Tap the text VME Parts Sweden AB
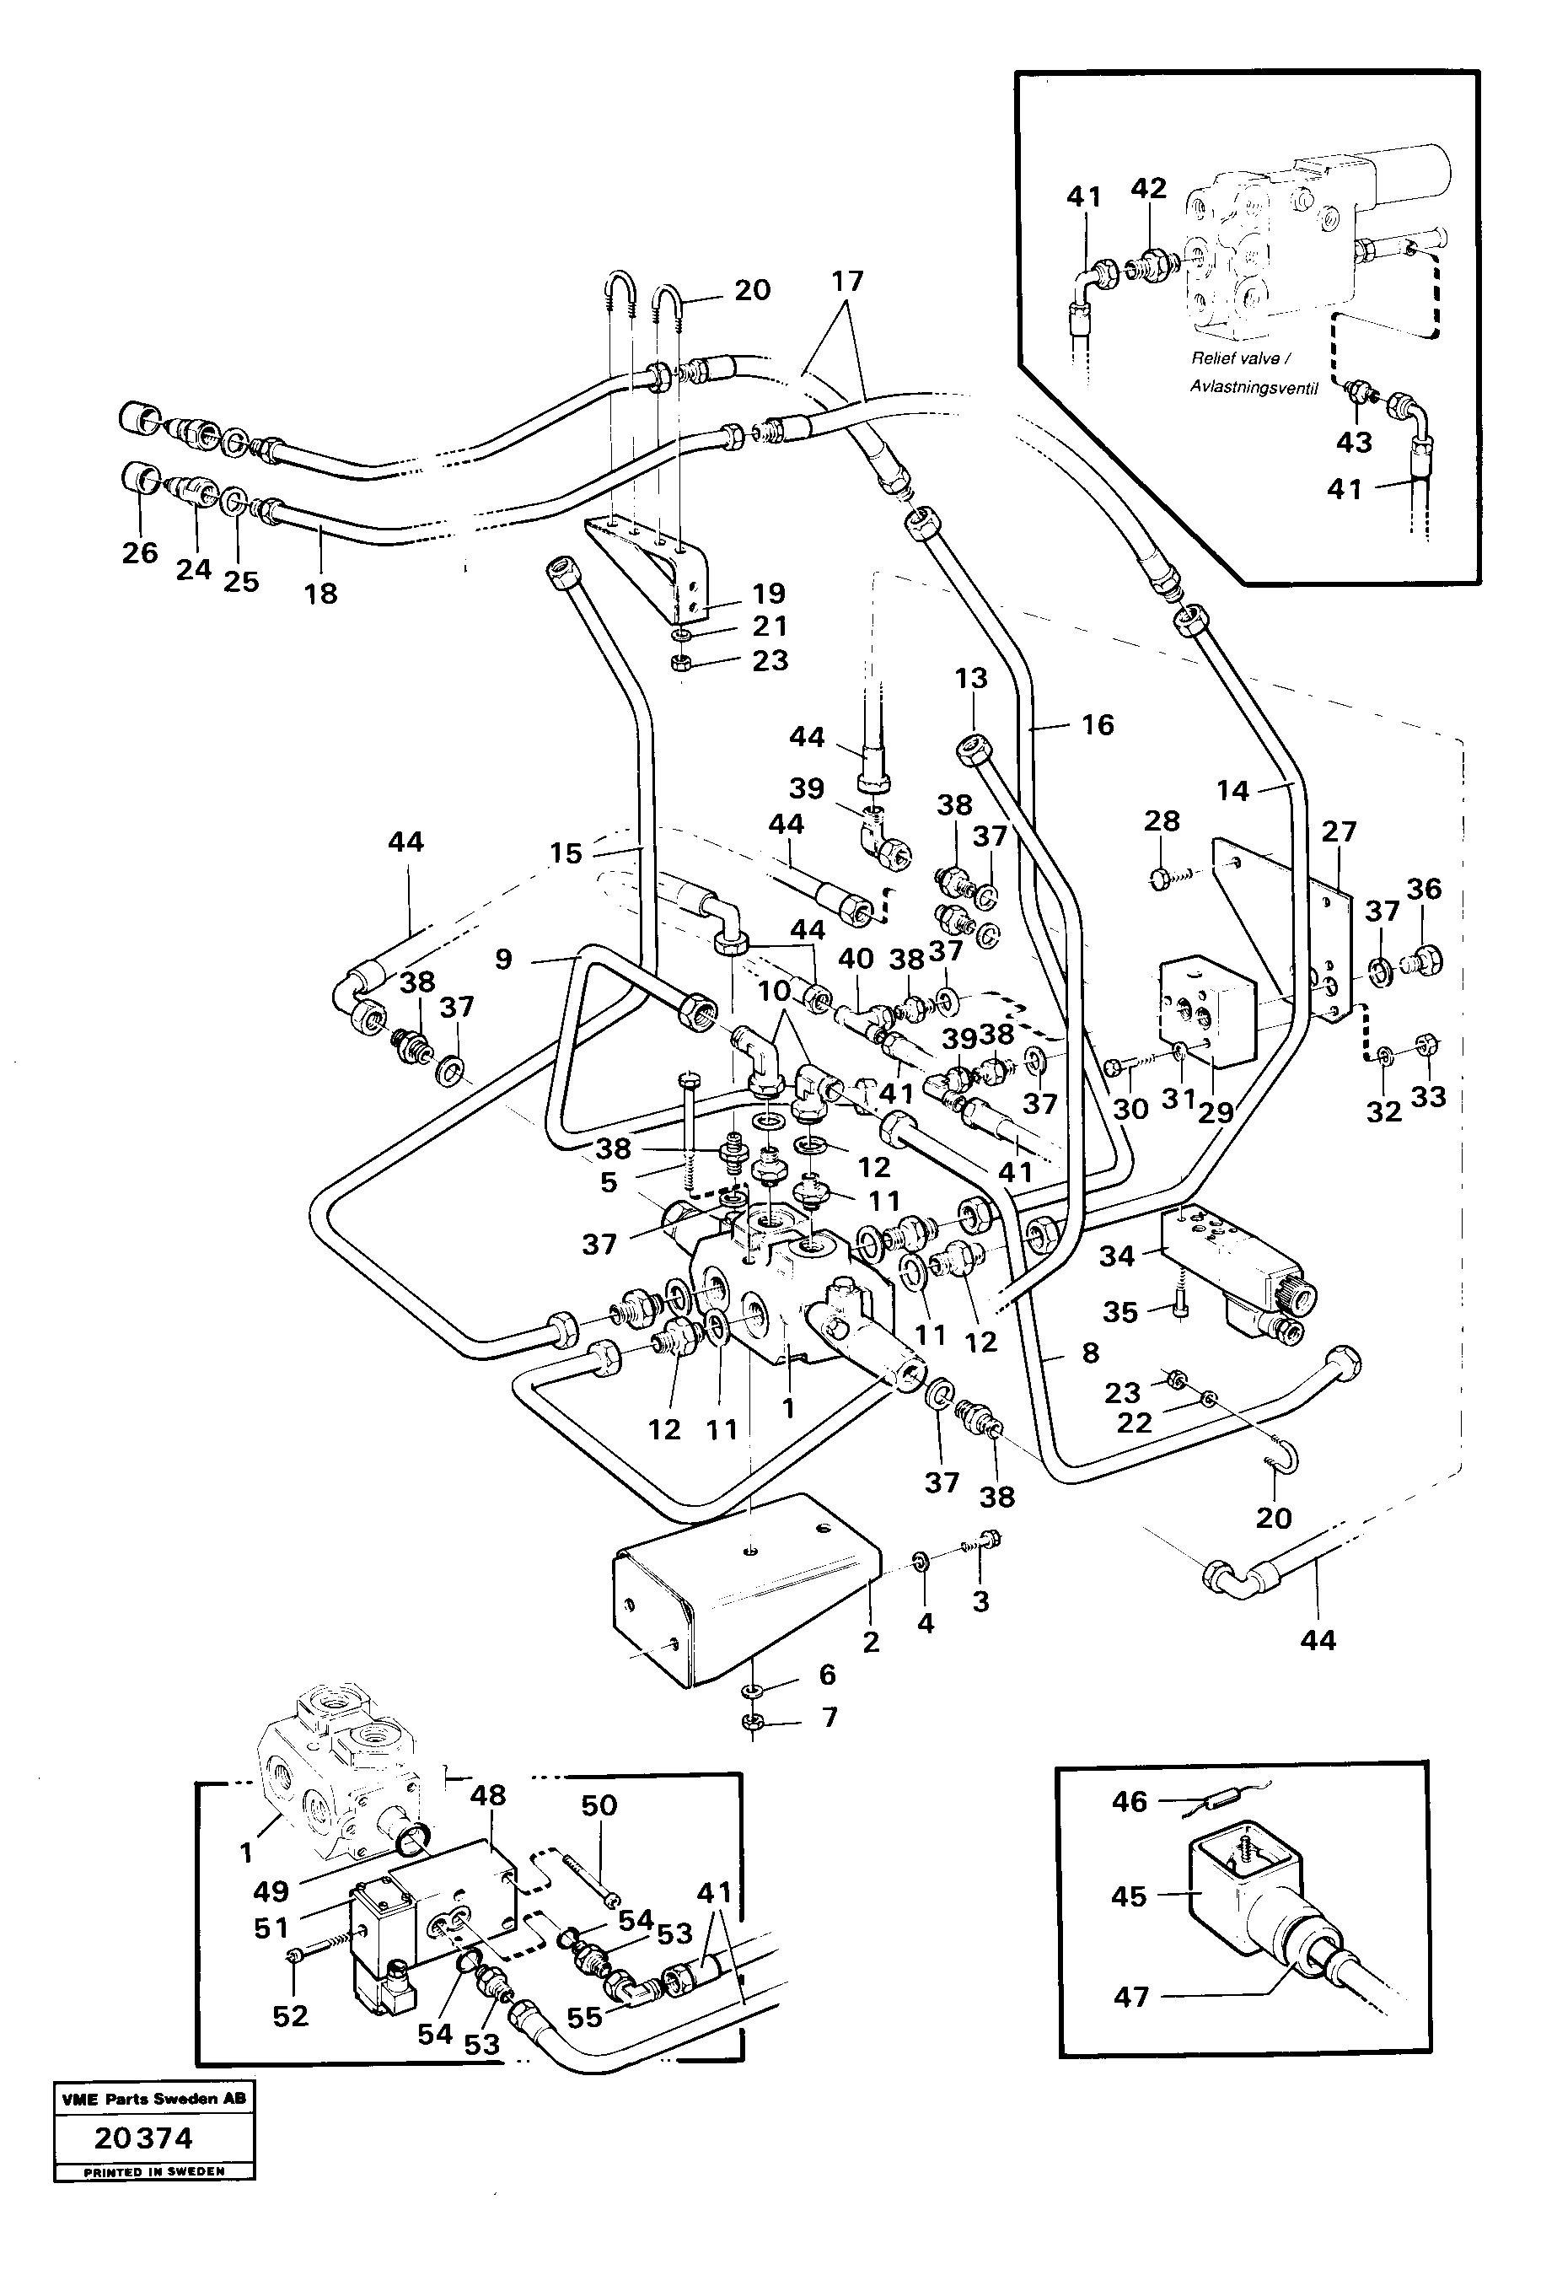coord(153,2099)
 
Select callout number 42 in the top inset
coord(1148,188)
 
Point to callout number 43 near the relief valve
coord(1355,442)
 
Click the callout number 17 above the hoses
coord(847,281)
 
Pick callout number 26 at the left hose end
coord(140,553)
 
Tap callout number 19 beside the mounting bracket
coord(769,594)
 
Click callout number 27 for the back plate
coord(1339,831)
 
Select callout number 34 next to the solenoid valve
coord(1117,1256)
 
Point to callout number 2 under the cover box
coord(871,1643)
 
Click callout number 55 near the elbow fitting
coord(584,2018)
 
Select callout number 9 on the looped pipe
coord(503,959)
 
